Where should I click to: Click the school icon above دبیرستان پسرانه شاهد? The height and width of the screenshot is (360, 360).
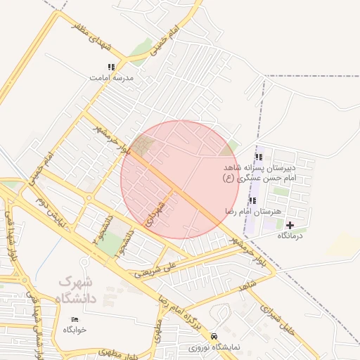(x=259, y=157)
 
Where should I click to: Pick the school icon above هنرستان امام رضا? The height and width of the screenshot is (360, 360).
(x=252, y=200)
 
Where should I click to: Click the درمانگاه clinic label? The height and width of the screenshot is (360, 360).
(x=290, y=236)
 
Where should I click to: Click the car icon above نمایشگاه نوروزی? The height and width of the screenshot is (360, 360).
(x=214, y=336)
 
